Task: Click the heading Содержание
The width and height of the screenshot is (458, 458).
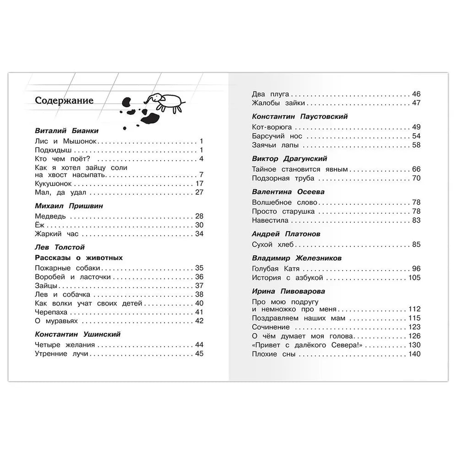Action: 64,101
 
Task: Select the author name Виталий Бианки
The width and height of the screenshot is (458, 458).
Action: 66,131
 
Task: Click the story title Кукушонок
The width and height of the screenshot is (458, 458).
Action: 53,184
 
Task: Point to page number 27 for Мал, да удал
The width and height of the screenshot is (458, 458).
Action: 199,192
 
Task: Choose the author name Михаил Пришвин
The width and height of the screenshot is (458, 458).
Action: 69,206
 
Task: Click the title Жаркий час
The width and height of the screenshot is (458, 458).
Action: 54,234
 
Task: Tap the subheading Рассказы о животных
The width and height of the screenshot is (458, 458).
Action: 79,258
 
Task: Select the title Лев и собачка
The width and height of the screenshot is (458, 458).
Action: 62,294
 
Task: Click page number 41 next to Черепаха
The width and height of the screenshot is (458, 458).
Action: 199,312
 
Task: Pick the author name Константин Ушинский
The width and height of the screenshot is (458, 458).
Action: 77,334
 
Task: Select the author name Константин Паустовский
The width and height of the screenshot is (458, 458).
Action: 300,116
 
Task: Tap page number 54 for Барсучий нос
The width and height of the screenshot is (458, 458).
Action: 416,136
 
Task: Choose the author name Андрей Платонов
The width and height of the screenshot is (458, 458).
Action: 286,234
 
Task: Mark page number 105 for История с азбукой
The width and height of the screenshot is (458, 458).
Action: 414,278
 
